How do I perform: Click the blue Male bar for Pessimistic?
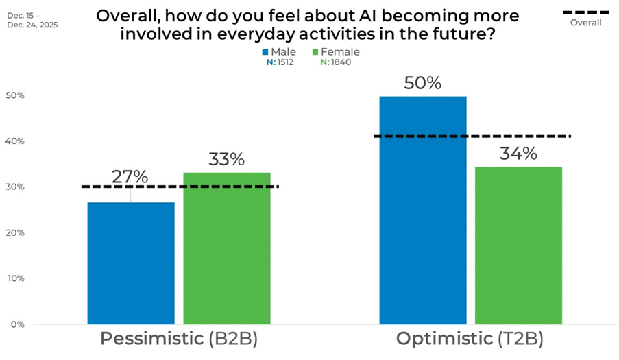(131, 263)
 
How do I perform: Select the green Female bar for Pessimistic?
(226, 248)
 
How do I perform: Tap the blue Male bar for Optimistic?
(422, 210)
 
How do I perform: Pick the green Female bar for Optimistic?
(518, 245)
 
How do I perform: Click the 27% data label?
(130, 177)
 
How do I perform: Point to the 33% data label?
(226, 159)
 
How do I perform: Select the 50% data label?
(422, 84)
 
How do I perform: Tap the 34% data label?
(518, 154)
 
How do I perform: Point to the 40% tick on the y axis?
(15, 141)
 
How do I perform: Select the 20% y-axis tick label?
(15, 232)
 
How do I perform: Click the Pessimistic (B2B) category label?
(179, 339)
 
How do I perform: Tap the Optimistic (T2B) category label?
(470, 339)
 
